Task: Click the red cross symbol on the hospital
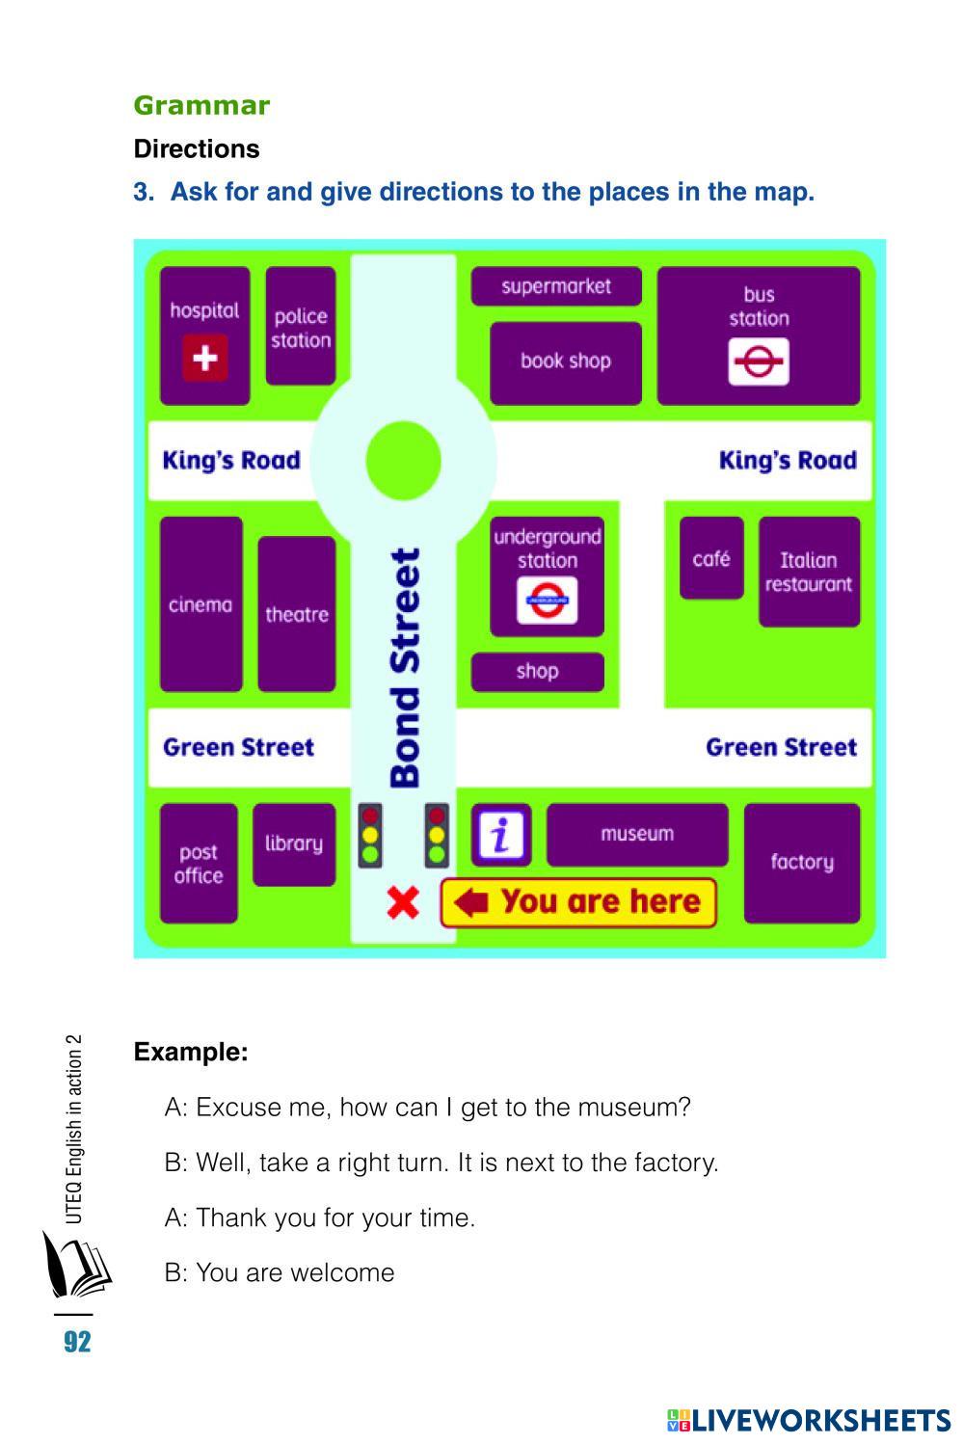click(x=204, y=358)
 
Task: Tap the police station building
click(x=301, y=327)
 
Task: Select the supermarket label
click(x=556, y=286)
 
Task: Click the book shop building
click(x=566, y=361)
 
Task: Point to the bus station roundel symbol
click(x=759, y=362)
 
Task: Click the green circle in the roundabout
click(x=403, y=461)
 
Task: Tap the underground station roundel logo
click(x=548, y=601)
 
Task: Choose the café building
click(x=711, y=558)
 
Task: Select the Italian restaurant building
click(x=809, y=572)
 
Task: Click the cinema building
click(x=201, y=604)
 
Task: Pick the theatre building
click(x=297, y=614)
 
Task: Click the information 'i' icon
click(x=500, y=835)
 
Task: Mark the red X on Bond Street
click(x=403, y=903)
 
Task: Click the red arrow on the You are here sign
click(x=471, y=903)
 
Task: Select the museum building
click(x=637, y=835)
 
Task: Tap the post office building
click(x=199, y=864)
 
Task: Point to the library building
click(x=294, y=843)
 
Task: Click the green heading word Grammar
click(x=201, y=105)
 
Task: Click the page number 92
click(x=77, y=1342)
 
